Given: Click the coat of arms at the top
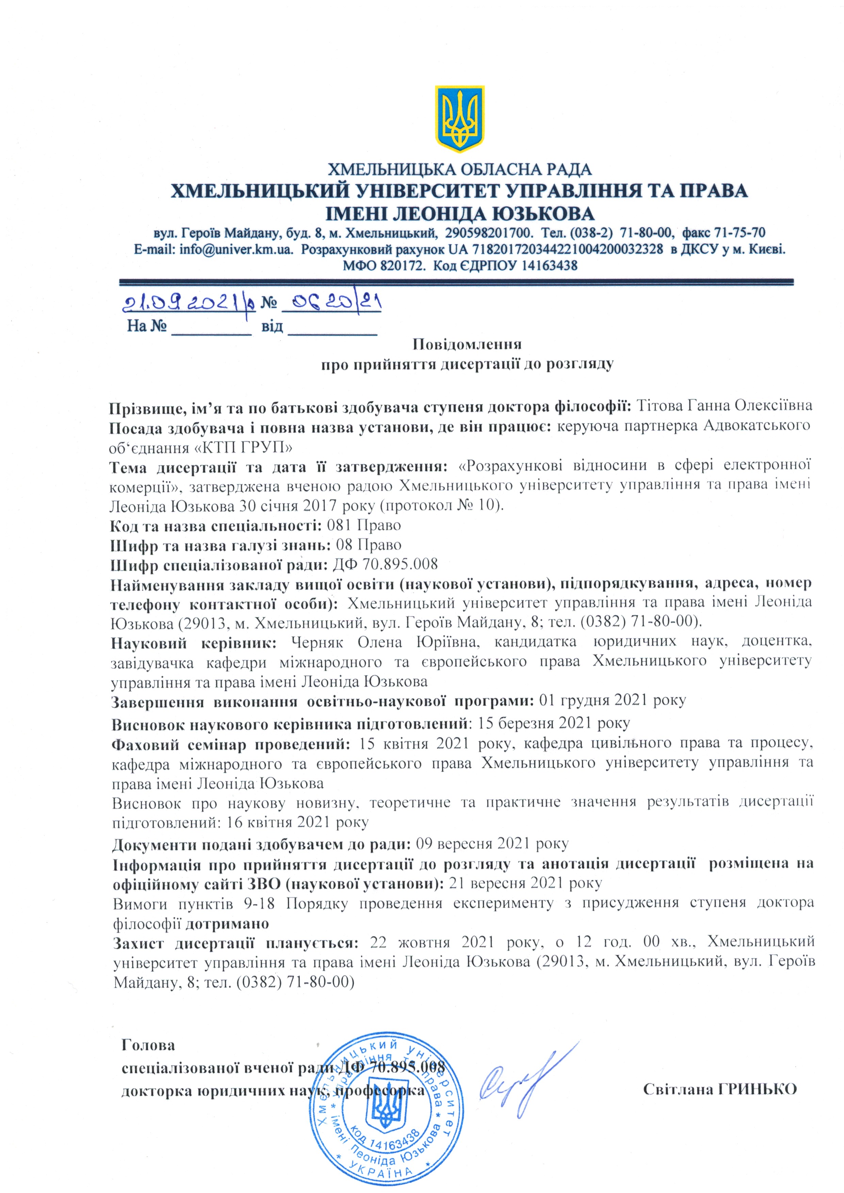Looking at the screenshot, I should coord(459,119).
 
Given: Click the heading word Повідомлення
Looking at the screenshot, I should coord(467,344).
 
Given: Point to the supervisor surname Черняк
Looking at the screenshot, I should coord(316,642).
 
